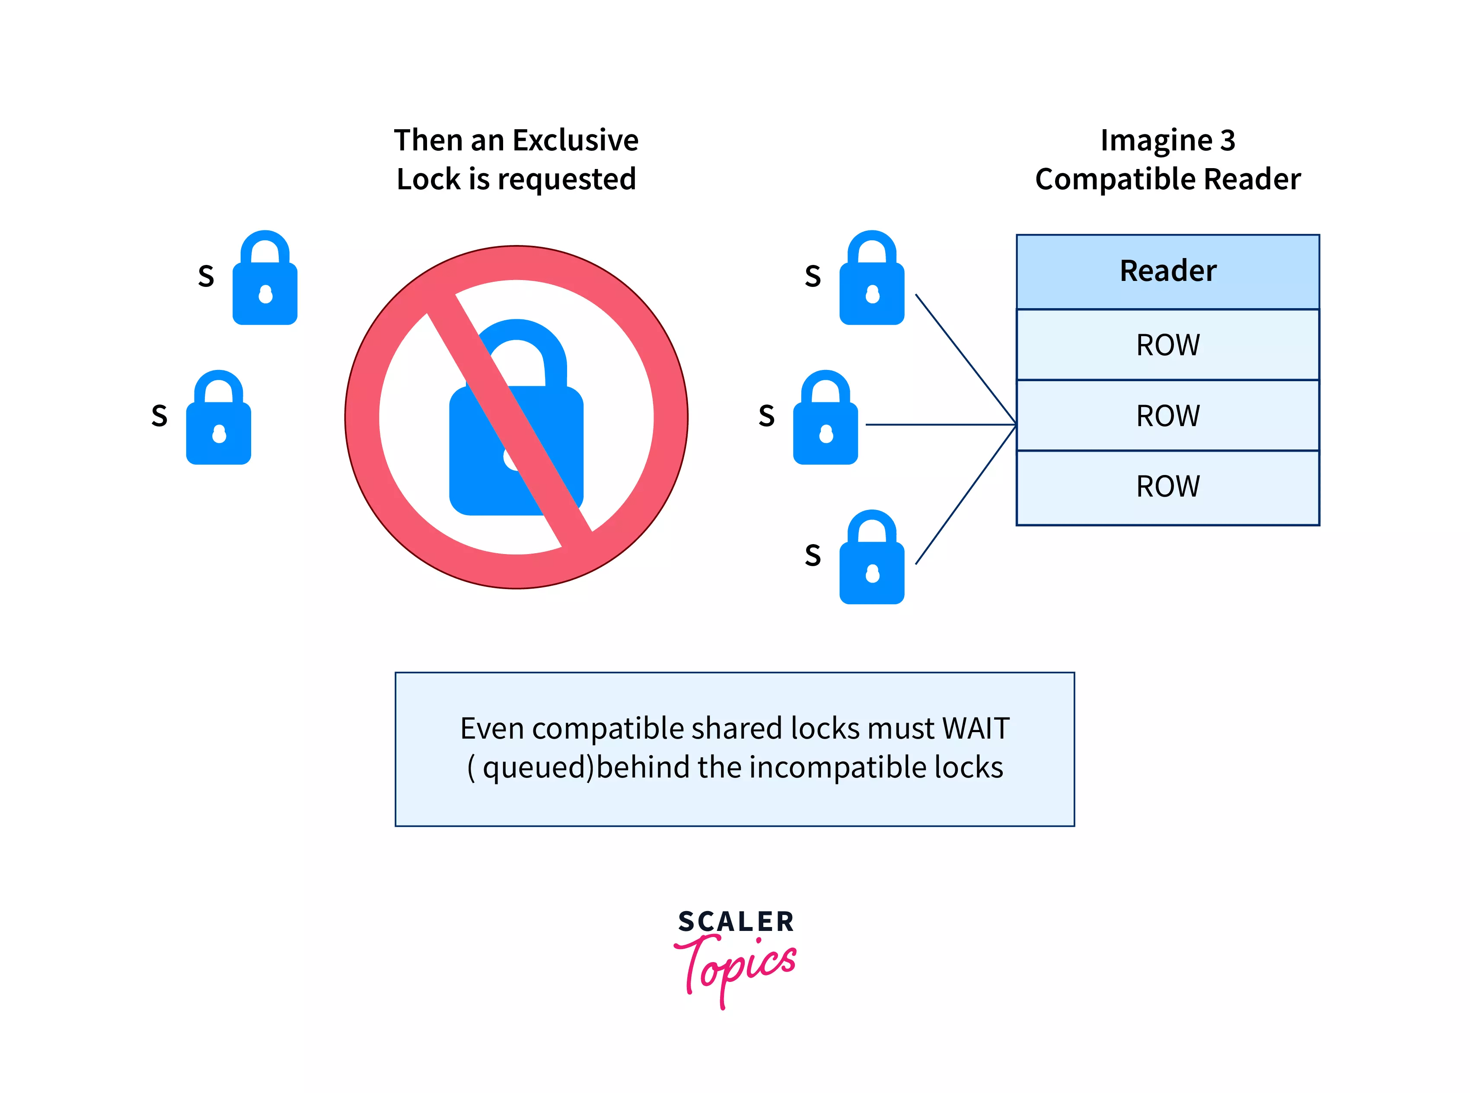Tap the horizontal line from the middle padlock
pos(939,424)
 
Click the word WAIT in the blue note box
pos(976,728)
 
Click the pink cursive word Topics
pos(736,966)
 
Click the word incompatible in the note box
pos(838,768)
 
